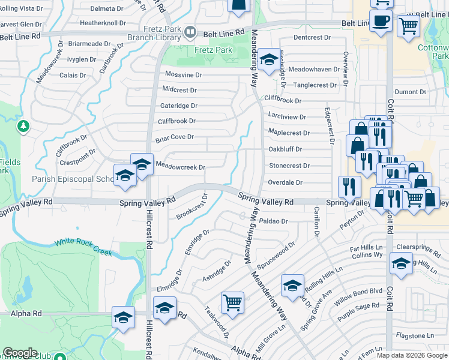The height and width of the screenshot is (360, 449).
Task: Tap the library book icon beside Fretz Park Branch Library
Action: point(190,31)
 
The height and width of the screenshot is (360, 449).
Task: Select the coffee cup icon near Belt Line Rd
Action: point(381,22)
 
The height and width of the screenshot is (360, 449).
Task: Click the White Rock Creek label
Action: point(83,247)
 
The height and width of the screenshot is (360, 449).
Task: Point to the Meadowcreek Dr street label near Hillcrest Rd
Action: point(180,167)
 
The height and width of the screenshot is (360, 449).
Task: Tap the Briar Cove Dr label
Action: point(174,137)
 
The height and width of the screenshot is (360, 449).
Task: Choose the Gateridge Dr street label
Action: point(179,106)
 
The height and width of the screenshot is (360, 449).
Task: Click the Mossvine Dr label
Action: point(183,75)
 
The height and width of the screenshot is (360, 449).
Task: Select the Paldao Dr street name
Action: point(274,221)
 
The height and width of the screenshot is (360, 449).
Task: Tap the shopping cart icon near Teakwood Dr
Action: point(232,302)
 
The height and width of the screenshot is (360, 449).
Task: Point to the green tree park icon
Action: point(23,126)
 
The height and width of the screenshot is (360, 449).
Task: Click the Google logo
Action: point(20,353)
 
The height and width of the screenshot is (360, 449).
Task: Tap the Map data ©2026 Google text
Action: point(411,355)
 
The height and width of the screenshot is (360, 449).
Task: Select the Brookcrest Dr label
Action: point(191,207)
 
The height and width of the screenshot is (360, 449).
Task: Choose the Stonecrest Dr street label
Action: point(289,166)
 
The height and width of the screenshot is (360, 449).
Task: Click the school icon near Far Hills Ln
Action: point(401,263)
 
